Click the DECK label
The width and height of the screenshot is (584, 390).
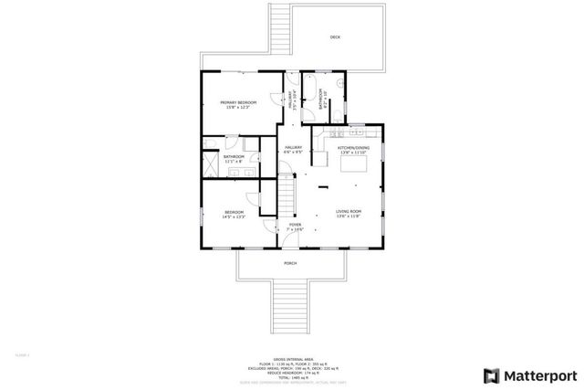click(x=335, y=37)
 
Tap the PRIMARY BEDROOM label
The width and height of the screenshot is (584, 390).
click(x=238, y=104)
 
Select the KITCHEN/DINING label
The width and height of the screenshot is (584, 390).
click(x=353, y=148)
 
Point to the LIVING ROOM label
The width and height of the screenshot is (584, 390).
click(x=349, y=213)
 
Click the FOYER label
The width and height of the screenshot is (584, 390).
click(x=296, y=225)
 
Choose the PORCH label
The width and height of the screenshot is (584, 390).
click(x=290, y=263)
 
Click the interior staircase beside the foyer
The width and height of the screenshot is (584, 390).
click(x=287, y=195)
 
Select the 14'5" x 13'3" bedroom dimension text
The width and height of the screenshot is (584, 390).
click(x=235, y=216)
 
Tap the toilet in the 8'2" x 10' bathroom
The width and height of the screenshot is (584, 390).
click(x=338, y=114)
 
